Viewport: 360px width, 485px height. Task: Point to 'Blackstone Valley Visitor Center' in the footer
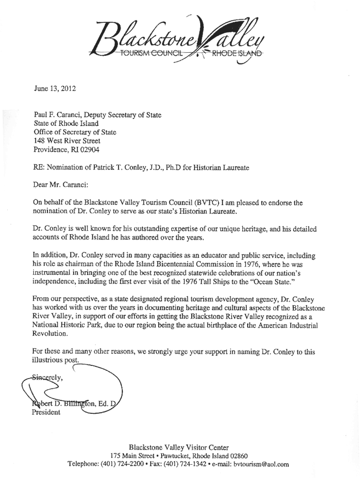179,446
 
